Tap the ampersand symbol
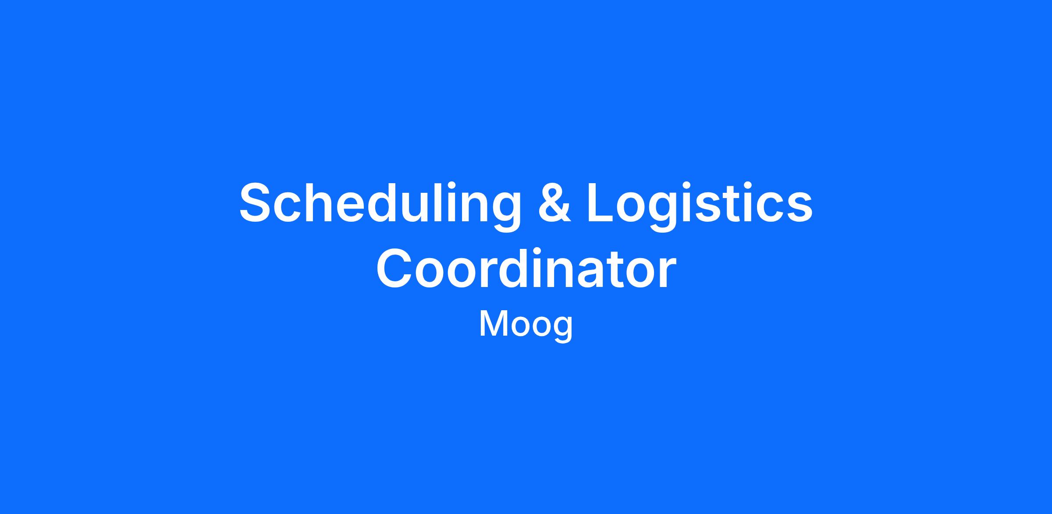pyautogui.click(x=554, y=202)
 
